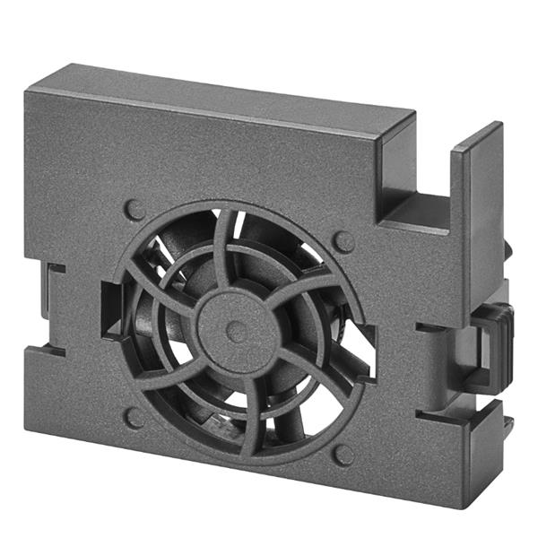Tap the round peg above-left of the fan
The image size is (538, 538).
click(135, 210)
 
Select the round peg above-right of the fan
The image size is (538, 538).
click(343, 240)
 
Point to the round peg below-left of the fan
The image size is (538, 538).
click(135, 417)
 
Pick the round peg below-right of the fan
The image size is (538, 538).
click(343, 455)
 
